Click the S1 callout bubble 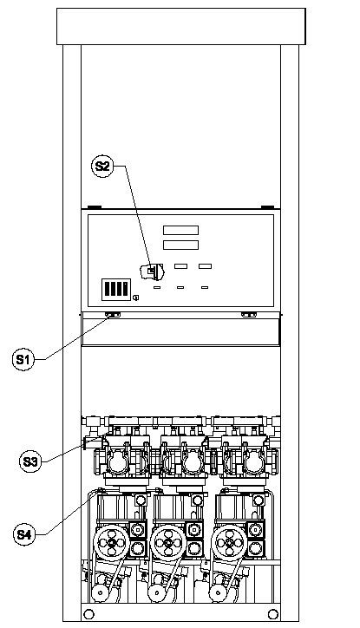click(x=23, y=360)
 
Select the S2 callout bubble click(x=102, y=166)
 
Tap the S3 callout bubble click(x=30, y=461)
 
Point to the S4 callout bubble click(x=24, y=533)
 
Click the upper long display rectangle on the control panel click(x=180, y=230)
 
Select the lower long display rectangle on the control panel click(x=180, y=245)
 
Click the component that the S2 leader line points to click(x=152, y=271)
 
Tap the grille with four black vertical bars click(x=116, y=290)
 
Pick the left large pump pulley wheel click(x=111, y=543)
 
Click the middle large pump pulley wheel click(x=168, y=543)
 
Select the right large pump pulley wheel click(x=229, y=543)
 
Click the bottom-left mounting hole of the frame click(x=88, y=614)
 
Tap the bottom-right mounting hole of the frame click(x=272, y=614)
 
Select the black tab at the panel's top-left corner click(x=95, y=207)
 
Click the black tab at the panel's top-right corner click(x=267, y=207)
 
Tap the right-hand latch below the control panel click(x=249, y=315)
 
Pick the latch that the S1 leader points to click(x=113, y=315)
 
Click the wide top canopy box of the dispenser click(x=181, y=26)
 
